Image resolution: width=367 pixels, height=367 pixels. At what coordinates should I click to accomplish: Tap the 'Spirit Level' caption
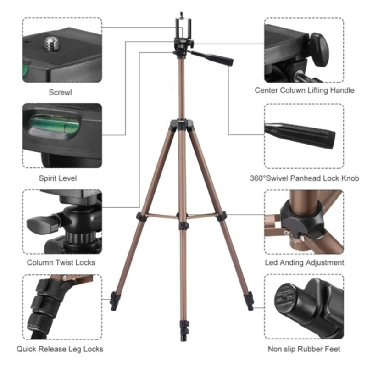[x=61, y=178]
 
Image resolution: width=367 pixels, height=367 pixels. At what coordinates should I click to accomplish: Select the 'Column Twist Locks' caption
[x=61, y=262]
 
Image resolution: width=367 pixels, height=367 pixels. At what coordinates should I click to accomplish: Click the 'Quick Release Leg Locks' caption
[x=60, y=349]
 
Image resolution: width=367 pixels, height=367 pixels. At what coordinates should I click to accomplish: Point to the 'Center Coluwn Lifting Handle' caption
[x=305, y=90]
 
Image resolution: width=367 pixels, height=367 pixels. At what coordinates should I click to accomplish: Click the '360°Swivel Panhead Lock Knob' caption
[x=305, y=178]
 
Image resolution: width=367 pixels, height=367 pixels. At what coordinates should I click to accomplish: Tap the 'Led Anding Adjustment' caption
[x=305, y=262]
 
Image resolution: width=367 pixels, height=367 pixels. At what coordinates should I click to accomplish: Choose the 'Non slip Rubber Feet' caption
[x=305, y=349]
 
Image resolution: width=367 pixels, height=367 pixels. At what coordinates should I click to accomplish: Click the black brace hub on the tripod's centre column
[x=183, y=225]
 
